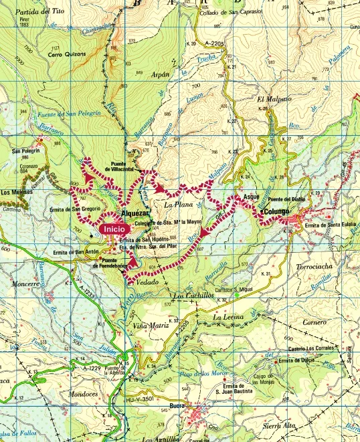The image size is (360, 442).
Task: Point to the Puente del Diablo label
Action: [287, 201]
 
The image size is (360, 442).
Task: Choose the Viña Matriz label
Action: [149, 325]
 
